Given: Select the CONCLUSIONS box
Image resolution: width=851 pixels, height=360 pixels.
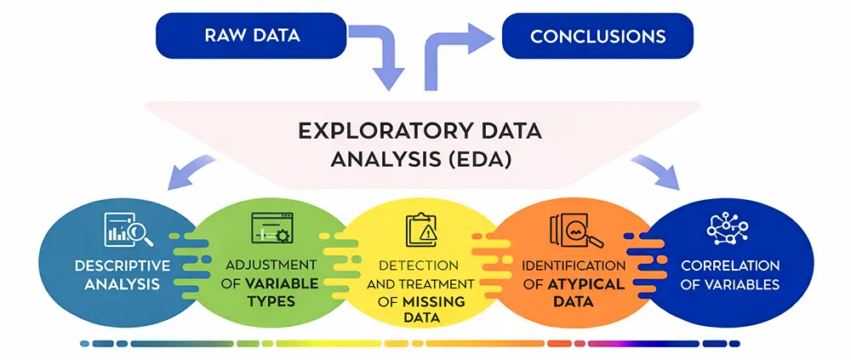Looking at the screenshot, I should point(597,36).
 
